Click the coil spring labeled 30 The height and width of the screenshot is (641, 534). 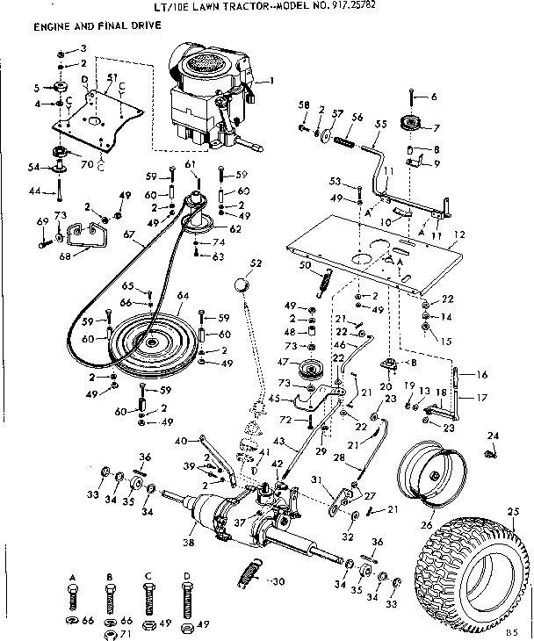point(250,576)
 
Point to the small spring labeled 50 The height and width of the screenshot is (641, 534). point(326,281)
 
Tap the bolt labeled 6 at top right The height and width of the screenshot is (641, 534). point(411,97)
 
